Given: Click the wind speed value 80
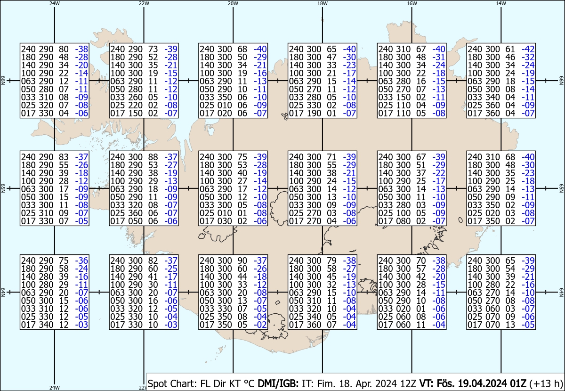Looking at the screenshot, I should click(x=64, y=49).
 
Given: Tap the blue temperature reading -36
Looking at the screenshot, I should click(x=82, y=261).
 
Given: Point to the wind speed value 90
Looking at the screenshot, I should click(x=242, y=261).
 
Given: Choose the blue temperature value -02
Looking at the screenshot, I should click(x=261, y=325).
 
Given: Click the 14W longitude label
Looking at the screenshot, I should click(x=501, y=3).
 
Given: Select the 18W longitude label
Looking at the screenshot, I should click(x=322, y=3).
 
